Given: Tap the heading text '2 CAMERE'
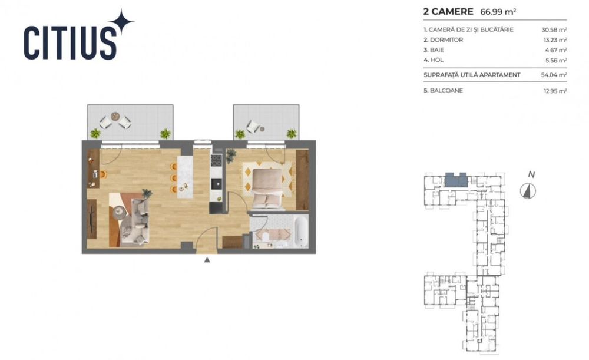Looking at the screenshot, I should pos(447,11).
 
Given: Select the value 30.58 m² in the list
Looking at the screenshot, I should pos(554,29).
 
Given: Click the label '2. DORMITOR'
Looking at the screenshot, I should pos(443,39).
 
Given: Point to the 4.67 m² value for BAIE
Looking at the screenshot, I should pos(554,50).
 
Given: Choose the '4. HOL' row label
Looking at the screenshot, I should pos(435,60).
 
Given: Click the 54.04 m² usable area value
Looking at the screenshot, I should pos(554,75).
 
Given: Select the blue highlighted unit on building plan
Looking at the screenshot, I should pos(454,180).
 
